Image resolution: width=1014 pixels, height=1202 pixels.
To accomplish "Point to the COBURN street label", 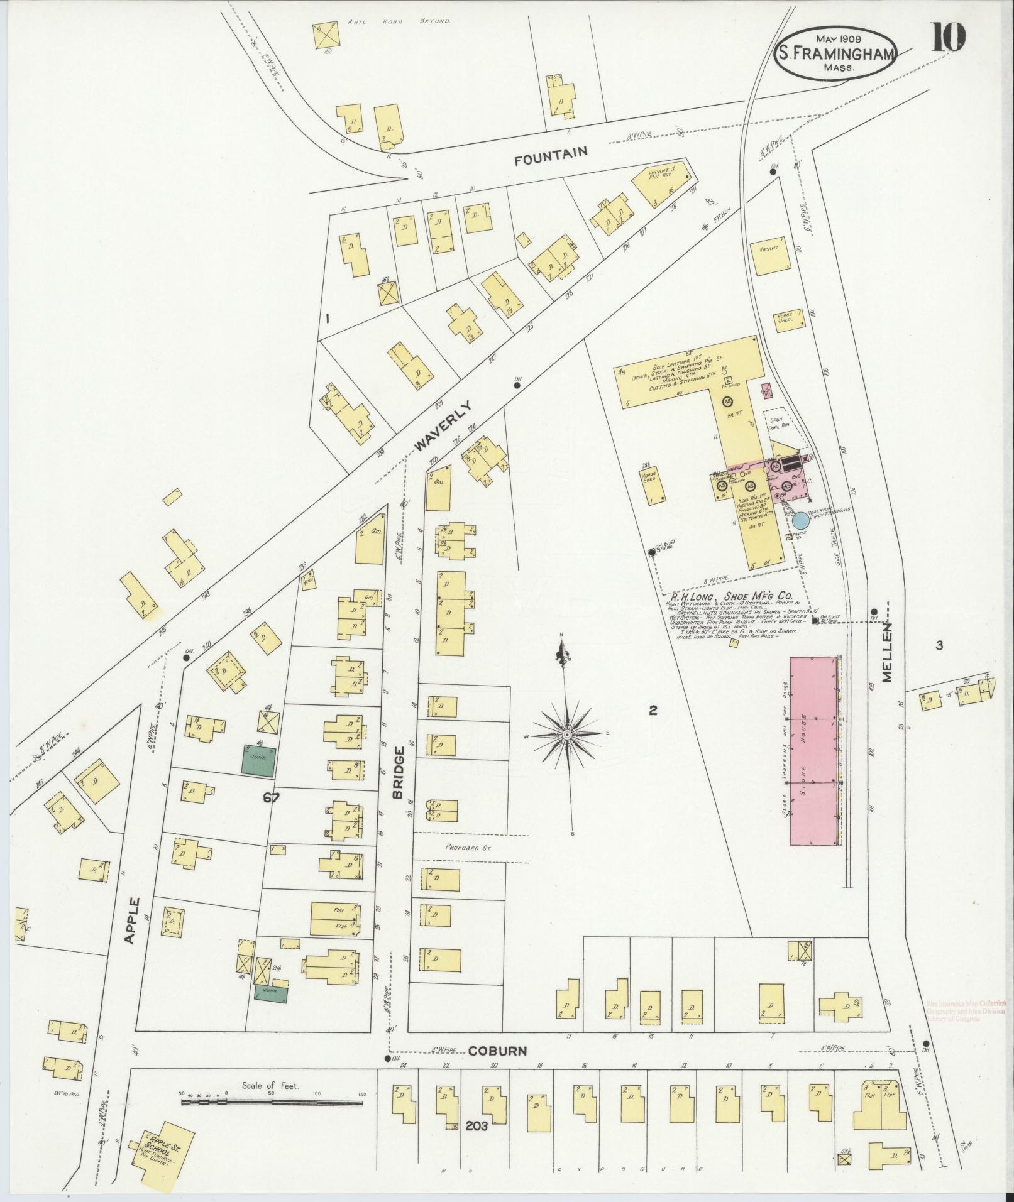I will coord(497,1051).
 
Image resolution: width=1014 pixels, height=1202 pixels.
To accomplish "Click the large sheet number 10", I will coord(948,38).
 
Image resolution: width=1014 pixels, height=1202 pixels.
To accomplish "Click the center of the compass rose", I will coord(567,734).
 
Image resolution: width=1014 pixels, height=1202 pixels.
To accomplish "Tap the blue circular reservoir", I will coord(800,520).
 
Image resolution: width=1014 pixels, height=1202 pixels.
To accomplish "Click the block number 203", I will coord(477,1127).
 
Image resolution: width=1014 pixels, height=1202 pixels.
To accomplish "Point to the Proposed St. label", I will coord(462,846).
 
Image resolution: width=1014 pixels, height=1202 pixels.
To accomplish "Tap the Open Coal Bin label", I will coord(777,423).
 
